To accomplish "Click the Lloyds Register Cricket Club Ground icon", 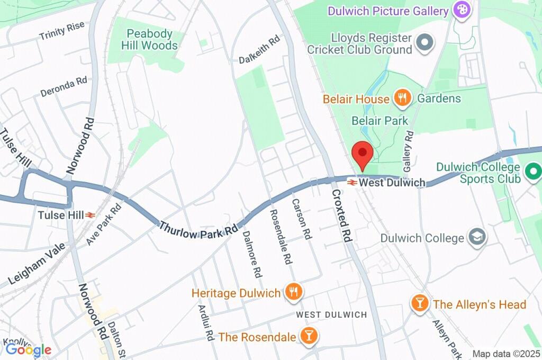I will point(424,43).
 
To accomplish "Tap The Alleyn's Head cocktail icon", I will point(420,304).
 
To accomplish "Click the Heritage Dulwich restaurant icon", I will point(292,292).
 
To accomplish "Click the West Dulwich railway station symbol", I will point(351,182).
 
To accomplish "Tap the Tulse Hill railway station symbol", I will point(91,215).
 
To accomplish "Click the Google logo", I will point(28,349).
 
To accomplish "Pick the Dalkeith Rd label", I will point(259,48).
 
